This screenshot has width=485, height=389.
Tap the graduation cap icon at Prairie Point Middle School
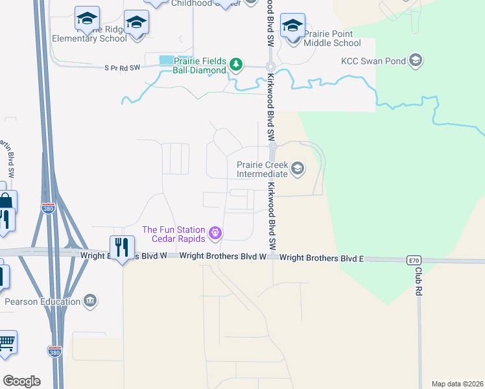point(292,26)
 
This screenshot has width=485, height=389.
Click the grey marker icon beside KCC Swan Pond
point(416,62)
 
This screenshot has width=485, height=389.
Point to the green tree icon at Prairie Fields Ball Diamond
point(237,64)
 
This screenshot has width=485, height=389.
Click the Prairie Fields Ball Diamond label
point(200,65)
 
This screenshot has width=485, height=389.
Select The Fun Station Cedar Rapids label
point(173,233)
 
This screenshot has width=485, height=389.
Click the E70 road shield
point(414,260)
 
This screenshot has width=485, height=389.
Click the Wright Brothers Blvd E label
point(322,258)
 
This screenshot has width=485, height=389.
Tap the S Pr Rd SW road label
point(123,67)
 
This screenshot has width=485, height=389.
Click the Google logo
point(21,381)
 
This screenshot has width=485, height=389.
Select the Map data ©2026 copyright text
point(457,384)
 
